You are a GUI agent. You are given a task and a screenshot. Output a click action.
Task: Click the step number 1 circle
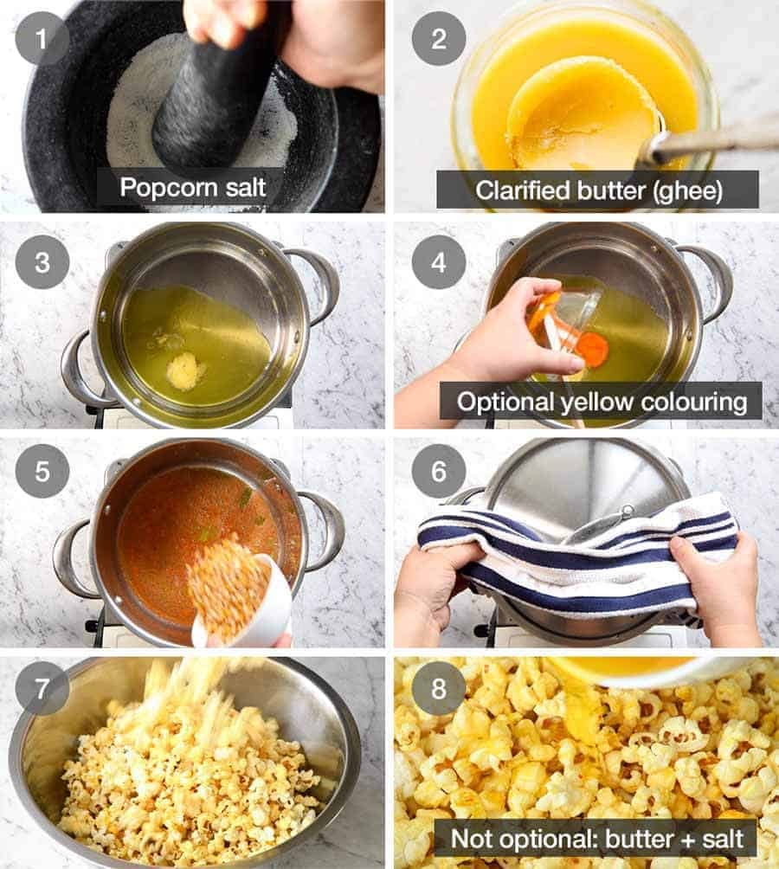point(42,38)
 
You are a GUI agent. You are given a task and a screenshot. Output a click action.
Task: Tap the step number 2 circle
point(437,38)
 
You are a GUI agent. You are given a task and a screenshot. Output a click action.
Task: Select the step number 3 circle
point(42,262)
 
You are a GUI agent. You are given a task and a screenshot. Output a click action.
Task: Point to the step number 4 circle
point(437,262)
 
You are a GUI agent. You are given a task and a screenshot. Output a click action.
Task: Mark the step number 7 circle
point(42,689)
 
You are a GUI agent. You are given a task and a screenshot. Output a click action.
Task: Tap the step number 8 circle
point(437,689)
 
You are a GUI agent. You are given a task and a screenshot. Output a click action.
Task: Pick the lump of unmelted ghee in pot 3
point(184,370)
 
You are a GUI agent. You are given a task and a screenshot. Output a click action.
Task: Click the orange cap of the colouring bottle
point(592,349)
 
